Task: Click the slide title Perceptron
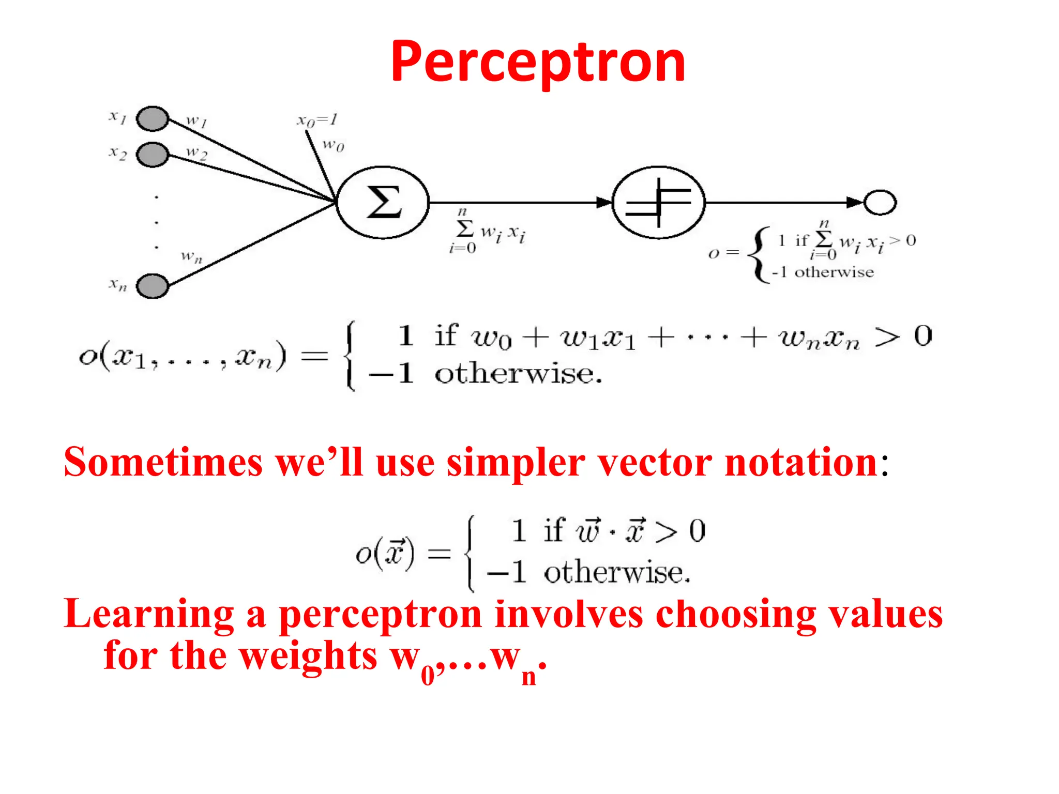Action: click(538, 62)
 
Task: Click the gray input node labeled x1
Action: click(153, 119)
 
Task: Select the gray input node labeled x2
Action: click(153, 155)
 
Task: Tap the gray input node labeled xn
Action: click(153, 286)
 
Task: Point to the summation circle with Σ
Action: click(383, 203)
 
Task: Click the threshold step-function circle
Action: click(658, 203)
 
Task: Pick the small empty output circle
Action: click(880, 202)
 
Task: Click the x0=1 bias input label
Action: click(317, 120)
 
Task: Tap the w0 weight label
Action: click(333, 145)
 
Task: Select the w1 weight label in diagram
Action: click(196, 121)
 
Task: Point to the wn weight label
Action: click(191, 256)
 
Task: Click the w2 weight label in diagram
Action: click(196, 153)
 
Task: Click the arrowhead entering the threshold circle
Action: click(603, 203)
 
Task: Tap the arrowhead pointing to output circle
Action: click(854, 203)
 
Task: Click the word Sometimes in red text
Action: click(163, 462)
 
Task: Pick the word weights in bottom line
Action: click(309, 655)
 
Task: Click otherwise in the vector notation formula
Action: click(616, 573)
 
